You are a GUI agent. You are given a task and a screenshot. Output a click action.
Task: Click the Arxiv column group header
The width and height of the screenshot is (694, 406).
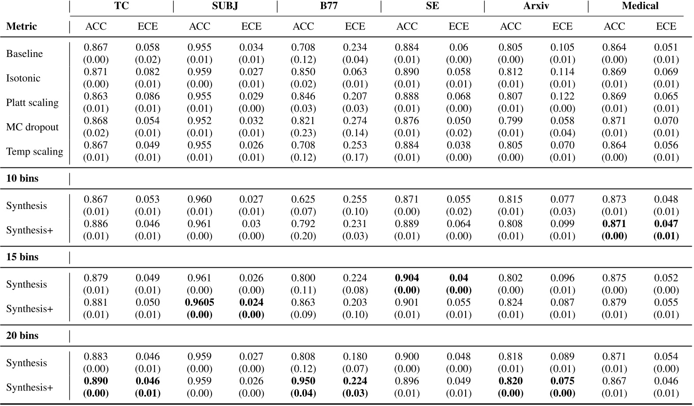(x=536, y=6)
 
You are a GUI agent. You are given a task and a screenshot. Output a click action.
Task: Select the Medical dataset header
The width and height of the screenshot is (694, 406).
(x=640, y=6)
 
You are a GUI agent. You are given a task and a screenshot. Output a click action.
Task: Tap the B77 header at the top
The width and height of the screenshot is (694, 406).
(x=329, y=6)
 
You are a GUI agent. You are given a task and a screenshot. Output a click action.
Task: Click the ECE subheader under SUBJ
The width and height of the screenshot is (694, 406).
(x=251, y=27)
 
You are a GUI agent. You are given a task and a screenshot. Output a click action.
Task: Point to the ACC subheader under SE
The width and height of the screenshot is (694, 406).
(x=407, y=27)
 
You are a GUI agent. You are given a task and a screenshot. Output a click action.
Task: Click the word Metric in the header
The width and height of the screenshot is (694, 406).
(x=22, y=27)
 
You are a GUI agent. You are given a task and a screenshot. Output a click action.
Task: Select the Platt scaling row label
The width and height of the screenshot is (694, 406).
(x=32, y=102)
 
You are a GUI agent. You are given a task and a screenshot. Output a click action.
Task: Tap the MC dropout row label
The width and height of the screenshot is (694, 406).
(x=32, y=127)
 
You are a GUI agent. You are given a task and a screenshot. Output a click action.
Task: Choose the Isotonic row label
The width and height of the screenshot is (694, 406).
(x=23, y=78)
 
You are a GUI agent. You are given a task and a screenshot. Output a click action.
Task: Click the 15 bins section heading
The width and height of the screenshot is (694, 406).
(x=22, y=257)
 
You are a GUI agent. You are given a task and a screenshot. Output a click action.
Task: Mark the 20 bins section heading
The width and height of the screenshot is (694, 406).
(x=22, y=336)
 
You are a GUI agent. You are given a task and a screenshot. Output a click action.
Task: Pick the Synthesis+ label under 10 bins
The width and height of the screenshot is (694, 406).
(x=30, y=230)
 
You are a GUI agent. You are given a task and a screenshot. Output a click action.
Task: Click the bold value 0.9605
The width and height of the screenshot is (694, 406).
(x=199, y=303)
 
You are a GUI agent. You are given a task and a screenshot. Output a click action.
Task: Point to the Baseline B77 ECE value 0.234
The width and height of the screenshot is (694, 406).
(x=355, y=47)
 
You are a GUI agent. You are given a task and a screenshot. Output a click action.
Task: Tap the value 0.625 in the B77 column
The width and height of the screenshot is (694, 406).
(x=303, y=200)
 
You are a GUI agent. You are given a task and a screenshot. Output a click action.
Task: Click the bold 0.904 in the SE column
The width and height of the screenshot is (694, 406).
(x=407, y=278)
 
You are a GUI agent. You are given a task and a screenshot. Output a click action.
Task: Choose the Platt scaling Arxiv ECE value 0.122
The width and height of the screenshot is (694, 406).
(x=562, y=96)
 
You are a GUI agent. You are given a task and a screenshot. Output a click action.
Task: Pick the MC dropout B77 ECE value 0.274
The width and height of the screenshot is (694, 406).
(x=355, y=121)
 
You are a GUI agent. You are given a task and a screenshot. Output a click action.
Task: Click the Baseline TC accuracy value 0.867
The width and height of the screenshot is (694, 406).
(x=96, y=47)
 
